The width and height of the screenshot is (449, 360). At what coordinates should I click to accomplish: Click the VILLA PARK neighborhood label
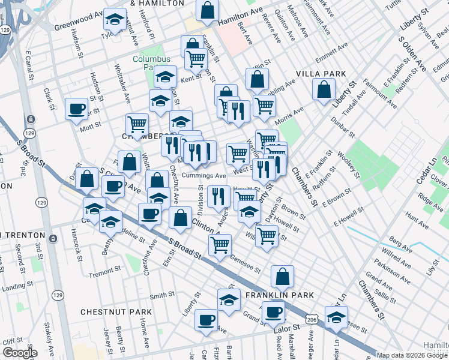pyautogui.click(x=321, y=74)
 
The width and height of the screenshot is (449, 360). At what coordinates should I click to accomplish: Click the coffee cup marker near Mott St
pyautogui.click(x=77, y=109)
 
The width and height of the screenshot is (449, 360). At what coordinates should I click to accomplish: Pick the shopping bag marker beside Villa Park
pyautogui.click(x=324, y=89)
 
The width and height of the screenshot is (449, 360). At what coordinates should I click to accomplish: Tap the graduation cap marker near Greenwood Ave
pyautogui.click(x=114, y=20)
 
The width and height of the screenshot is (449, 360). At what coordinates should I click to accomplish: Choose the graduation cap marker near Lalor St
pyautogui.click(x=336, y=317)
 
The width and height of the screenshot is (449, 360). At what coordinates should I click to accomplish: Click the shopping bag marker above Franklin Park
pyautogui.click(x=282, y=277)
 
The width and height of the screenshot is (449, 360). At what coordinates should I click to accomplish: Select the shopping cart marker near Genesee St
pyautogui.click(x=220, y=245)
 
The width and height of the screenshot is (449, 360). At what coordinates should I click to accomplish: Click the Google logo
pyautogui.click(x=20, y=353)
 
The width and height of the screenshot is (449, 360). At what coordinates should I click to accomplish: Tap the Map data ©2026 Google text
pyautogui.click(x=411, y=355)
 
